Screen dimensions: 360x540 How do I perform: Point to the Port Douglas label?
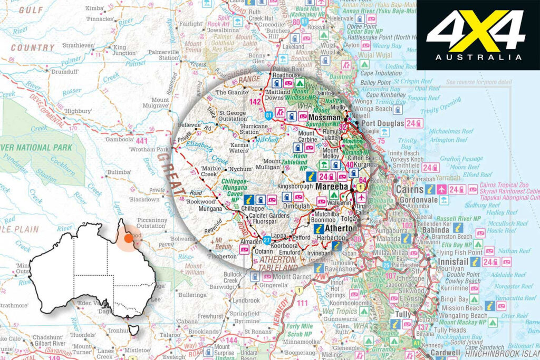384,123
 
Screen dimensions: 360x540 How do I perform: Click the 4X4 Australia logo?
477,35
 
